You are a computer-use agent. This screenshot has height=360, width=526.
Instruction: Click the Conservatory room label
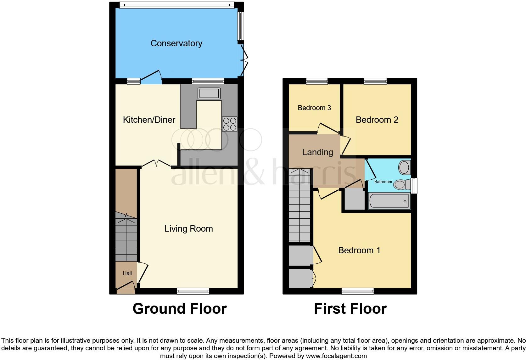pyautogui.click(x=176, y=43)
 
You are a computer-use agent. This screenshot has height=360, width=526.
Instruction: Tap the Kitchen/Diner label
pyautogui.click(x=149, y=120)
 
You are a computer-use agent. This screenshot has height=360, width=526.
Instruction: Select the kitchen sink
pyautogui.click(x=208, y=93)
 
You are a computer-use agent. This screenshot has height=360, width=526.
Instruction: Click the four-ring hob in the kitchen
pyautogui.click(x=229, y=124)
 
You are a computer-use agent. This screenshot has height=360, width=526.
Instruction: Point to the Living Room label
pyautogui.click(x=188, y=229)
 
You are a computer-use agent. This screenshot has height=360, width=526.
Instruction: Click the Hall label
pyautogui.click(x=127, y=273)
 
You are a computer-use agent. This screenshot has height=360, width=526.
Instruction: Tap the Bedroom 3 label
pyautogui.click(x=314, y=108)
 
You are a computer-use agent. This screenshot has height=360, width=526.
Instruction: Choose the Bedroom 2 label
pyautogui.click(x=377, y=120)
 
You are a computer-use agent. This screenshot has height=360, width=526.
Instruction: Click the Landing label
pyautogui.click(x=317, y=152)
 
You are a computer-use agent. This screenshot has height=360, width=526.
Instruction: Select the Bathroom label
pyautogui.click(x=383, y=182)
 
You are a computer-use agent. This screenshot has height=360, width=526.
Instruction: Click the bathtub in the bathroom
pyautogui.click(x=389, y=201)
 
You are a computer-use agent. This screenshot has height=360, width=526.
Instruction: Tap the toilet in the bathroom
pyautogui.click(x=400, y=184)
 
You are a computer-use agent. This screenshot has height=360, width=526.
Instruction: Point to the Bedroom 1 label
pyautogui.click(x=359, y=250)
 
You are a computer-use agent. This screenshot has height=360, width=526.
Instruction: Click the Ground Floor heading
pyautogui.click(x=179, y=309)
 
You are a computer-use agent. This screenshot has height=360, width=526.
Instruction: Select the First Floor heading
pyautogui.click(x=350, y=309)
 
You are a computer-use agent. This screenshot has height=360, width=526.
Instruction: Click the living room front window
pyautogui.click(x=193, y=291)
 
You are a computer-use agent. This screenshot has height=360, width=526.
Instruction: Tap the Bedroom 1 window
pyautogui.click(x=357, y=291)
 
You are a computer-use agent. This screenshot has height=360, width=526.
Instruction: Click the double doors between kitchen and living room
pyautogui.click(x=156, y=163)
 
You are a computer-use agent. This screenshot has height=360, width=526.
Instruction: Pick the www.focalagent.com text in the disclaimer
pyautogui.click(x=336, y=356)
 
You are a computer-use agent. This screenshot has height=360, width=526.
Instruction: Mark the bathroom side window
pyautogui.click(x=414, y=186)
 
